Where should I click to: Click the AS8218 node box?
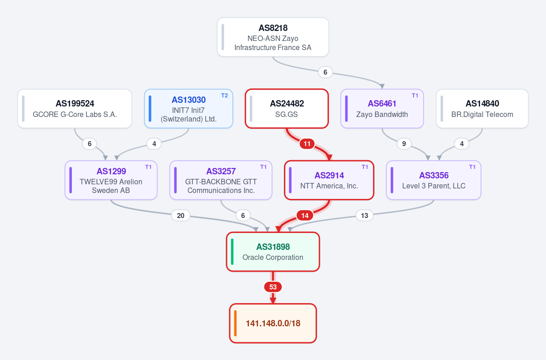click(x=273, y=37)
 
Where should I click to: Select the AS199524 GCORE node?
click(x=75, y=108)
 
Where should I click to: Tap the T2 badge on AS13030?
click(x=224, y=96)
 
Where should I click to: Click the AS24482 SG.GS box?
click(x=287, y=108)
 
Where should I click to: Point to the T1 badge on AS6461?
click(x=415, y=96)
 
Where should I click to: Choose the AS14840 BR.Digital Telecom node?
click(x=482, y=108)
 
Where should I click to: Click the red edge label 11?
click(x=307, y=144)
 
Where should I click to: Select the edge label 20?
click(x=181, y=215)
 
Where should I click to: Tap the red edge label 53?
click(x=273, y=287)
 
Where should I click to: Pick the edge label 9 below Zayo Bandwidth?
click(x=404, y=144)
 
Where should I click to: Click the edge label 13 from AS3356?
click(x=364, y=215)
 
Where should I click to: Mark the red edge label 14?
click(x=305, y=215)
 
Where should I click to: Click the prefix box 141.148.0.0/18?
click(x=273, y=323)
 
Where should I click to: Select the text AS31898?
click(x=273, y=247)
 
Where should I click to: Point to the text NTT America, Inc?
click(x=329, y=186)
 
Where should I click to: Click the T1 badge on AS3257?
click(x=263, y=167)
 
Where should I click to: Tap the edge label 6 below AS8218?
click(x=325, y=72)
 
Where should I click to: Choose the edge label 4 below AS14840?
click(x=462, y=144)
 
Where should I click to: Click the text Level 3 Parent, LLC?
click(x=434, y=186)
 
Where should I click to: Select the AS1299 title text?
click(x=111, y=171)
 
